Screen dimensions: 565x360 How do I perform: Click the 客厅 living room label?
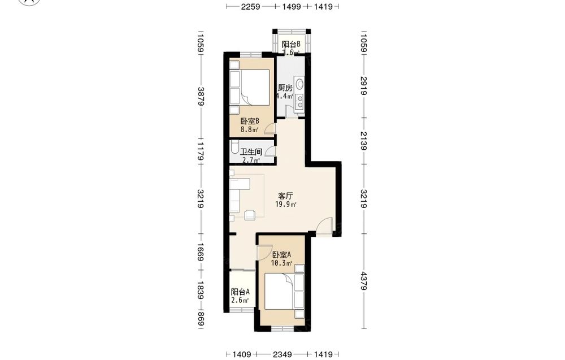point(285,196)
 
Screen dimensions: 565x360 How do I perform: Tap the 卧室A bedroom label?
point(282,254)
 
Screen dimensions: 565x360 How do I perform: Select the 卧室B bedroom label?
point(250,121)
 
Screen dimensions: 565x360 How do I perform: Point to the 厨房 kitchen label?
point(285,88)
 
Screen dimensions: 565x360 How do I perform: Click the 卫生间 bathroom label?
point(251,152)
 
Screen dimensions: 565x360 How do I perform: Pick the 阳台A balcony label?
point(240,292)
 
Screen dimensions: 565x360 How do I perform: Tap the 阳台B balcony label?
point(291,44)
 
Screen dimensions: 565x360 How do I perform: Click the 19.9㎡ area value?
point(286,205)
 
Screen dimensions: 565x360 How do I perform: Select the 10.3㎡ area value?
point(281,263)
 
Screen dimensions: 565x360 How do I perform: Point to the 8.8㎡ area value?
point(250,130)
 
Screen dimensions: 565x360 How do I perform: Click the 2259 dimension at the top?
point(250,6)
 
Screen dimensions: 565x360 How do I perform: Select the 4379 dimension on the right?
point(363,281)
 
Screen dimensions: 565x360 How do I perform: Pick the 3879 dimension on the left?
point(201,97)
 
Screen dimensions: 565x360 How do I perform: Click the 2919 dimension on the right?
point(363,86)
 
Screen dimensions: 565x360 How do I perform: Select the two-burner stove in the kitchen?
point(300,101)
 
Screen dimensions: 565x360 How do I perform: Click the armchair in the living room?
point(250,215)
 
